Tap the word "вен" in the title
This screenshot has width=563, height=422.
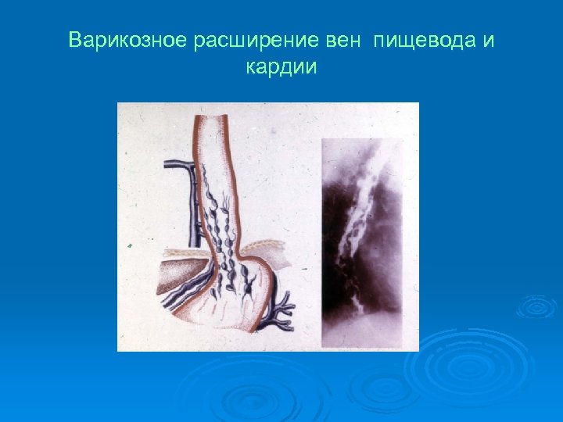[339, 40]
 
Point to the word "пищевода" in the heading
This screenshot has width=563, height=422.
[423, 40]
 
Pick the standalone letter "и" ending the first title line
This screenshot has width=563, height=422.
[488, 40]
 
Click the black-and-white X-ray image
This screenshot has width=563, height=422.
[362, 242]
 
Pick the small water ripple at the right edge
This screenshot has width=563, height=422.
[537, 306]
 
